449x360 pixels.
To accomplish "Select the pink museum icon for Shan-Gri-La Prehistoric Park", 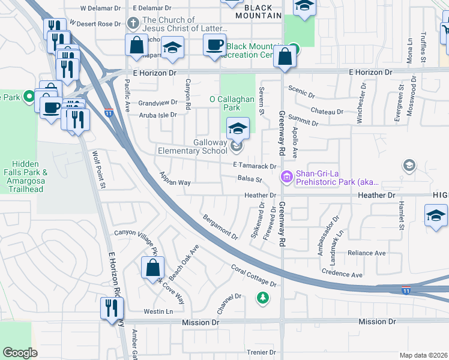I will coord(286,177).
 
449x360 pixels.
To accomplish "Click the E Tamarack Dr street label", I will coord(255,166).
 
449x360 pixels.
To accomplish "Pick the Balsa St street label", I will coord(250,179).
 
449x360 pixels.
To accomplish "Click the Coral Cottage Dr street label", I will coord(254,275).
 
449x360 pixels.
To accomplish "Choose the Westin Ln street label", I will coord(158,311).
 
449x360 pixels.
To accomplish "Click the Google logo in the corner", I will coord(20,353).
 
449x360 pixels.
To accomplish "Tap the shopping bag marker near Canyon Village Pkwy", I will coord(152,267).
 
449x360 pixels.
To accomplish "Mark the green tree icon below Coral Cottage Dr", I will coord(262,296).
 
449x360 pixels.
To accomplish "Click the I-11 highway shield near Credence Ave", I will coord(406,290).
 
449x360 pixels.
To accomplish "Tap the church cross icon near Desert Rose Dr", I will coord(134,24).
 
